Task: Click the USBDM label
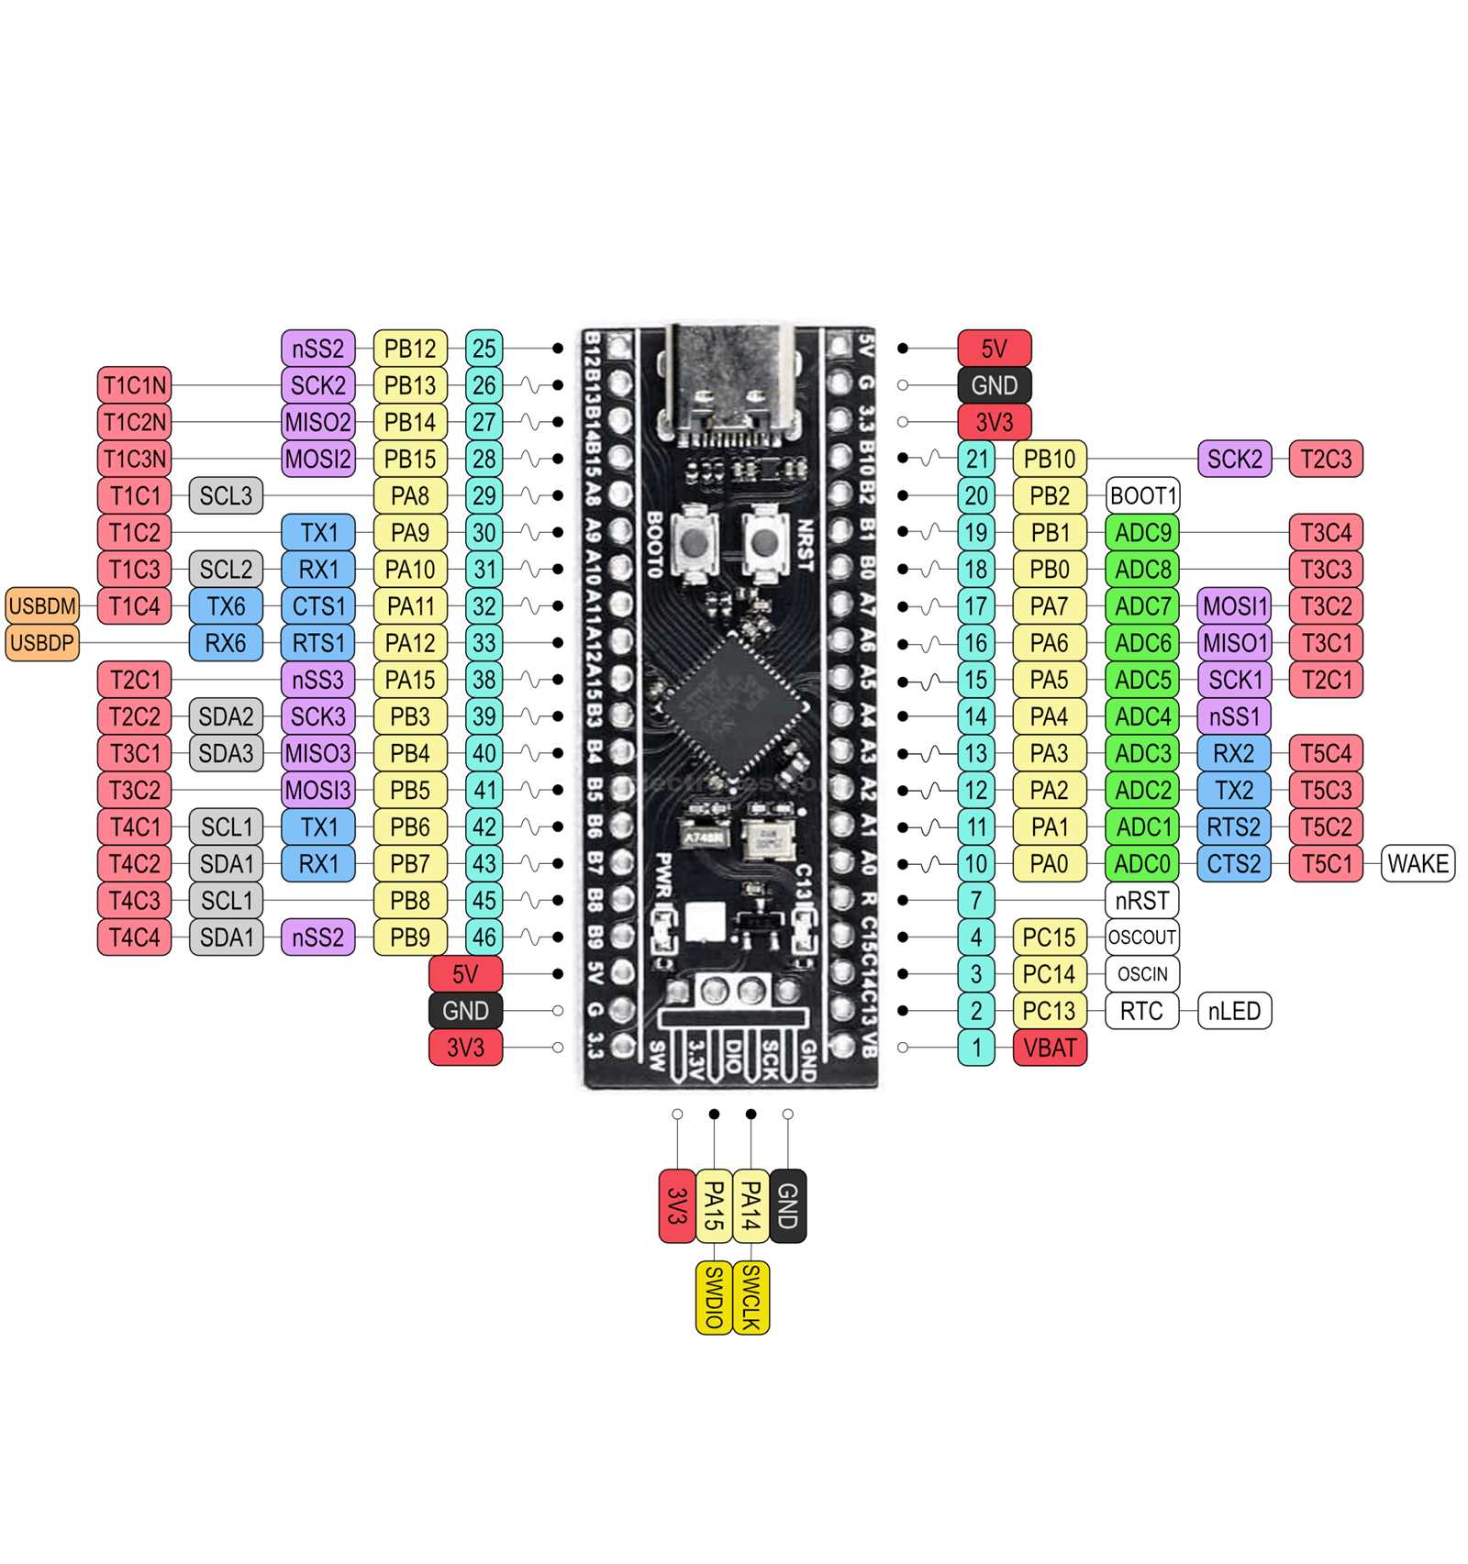pos(42,606)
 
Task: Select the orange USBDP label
pos(42,643)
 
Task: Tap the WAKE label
pos(1418,864)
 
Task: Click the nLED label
pos(1234,1011)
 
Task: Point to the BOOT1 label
pos(1142,496)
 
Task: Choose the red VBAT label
pos(1050,1048)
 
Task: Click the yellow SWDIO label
pos(714,1297)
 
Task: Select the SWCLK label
pos(751,1297)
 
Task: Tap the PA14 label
pos(751,1205)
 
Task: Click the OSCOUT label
pos(1142,937)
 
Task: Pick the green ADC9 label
pos(1142,533)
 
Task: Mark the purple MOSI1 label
pos(1234,606)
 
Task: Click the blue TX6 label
pos(226,606)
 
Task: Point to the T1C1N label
pos(134,385)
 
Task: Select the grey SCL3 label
pos(226,496)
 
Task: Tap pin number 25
pos(484,349)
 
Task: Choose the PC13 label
pos(1050,1011)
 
